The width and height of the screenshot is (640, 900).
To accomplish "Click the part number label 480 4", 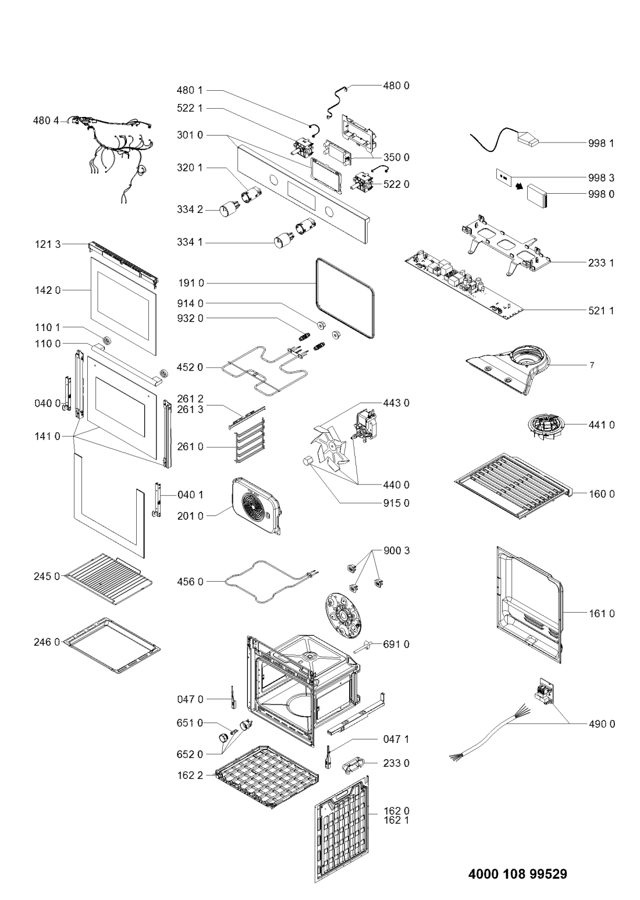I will point(46,121).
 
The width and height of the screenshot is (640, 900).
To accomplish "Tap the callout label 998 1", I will point(603,143).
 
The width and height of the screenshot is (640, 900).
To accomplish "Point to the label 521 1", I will point(603,311).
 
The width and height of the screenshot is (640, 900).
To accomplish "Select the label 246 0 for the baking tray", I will point(46,642).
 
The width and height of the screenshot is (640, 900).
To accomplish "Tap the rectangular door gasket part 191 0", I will point(344,299).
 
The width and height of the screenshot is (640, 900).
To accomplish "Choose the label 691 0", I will point(396,644).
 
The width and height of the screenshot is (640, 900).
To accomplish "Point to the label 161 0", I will point(603,613).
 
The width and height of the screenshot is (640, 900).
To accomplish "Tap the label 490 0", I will point(603,724).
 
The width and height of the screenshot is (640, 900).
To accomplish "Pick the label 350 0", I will point(396,157).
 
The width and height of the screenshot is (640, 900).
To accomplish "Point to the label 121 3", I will point(46,245).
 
